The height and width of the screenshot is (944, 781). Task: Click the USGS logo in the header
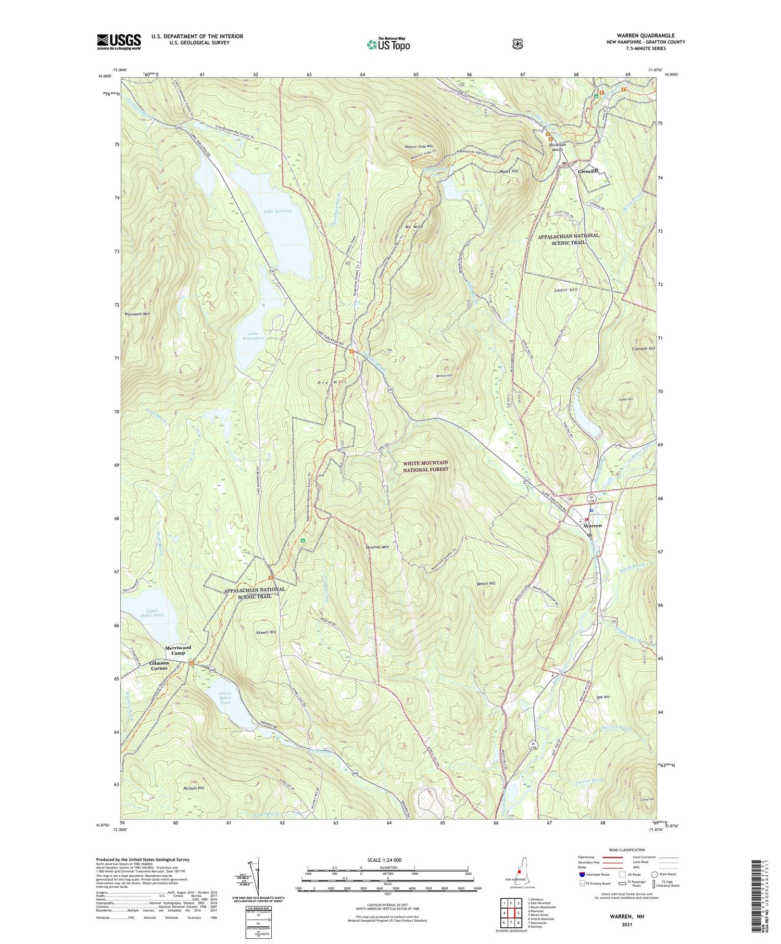click(119, 42)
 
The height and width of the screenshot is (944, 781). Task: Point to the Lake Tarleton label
click(278, 211)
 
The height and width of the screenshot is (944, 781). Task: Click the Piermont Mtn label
click(137, 314)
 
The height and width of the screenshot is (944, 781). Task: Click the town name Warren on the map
click(591, 525)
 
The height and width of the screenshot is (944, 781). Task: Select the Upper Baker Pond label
click(155, 612)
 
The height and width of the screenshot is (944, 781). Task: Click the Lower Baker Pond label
click(225, 698)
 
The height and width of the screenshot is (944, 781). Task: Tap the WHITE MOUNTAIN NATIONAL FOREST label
click(425, 466)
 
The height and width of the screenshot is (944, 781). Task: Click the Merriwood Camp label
click(178, 650)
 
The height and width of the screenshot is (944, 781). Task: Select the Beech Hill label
click(486, 584)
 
